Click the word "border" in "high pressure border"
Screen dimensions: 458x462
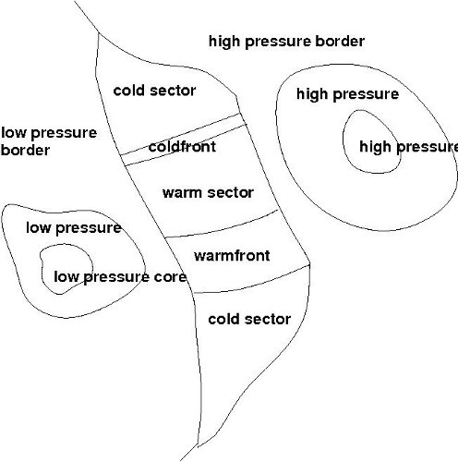point(339,42)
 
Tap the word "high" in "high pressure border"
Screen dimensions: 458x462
point(223,42)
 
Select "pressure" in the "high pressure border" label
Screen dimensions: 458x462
point(276,43)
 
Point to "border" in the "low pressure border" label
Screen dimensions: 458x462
point(25,150)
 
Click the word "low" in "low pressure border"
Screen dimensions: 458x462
point(13,132)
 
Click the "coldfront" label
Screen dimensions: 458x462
point(182,146)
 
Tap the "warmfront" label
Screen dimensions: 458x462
point(232,255)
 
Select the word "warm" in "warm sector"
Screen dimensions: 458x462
point(182,193)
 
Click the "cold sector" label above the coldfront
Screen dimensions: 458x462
point(154,91)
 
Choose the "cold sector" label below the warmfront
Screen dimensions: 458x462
point(249,319)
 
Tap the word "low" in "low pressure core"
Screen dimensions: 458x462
point(66,276)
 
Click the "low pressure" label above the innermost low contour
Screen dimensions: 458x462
point(73,228)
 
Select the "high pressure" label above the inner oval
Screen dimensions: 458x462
point(347,94)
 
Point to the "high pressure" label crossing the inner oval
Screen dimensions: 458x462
point(409,147)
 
